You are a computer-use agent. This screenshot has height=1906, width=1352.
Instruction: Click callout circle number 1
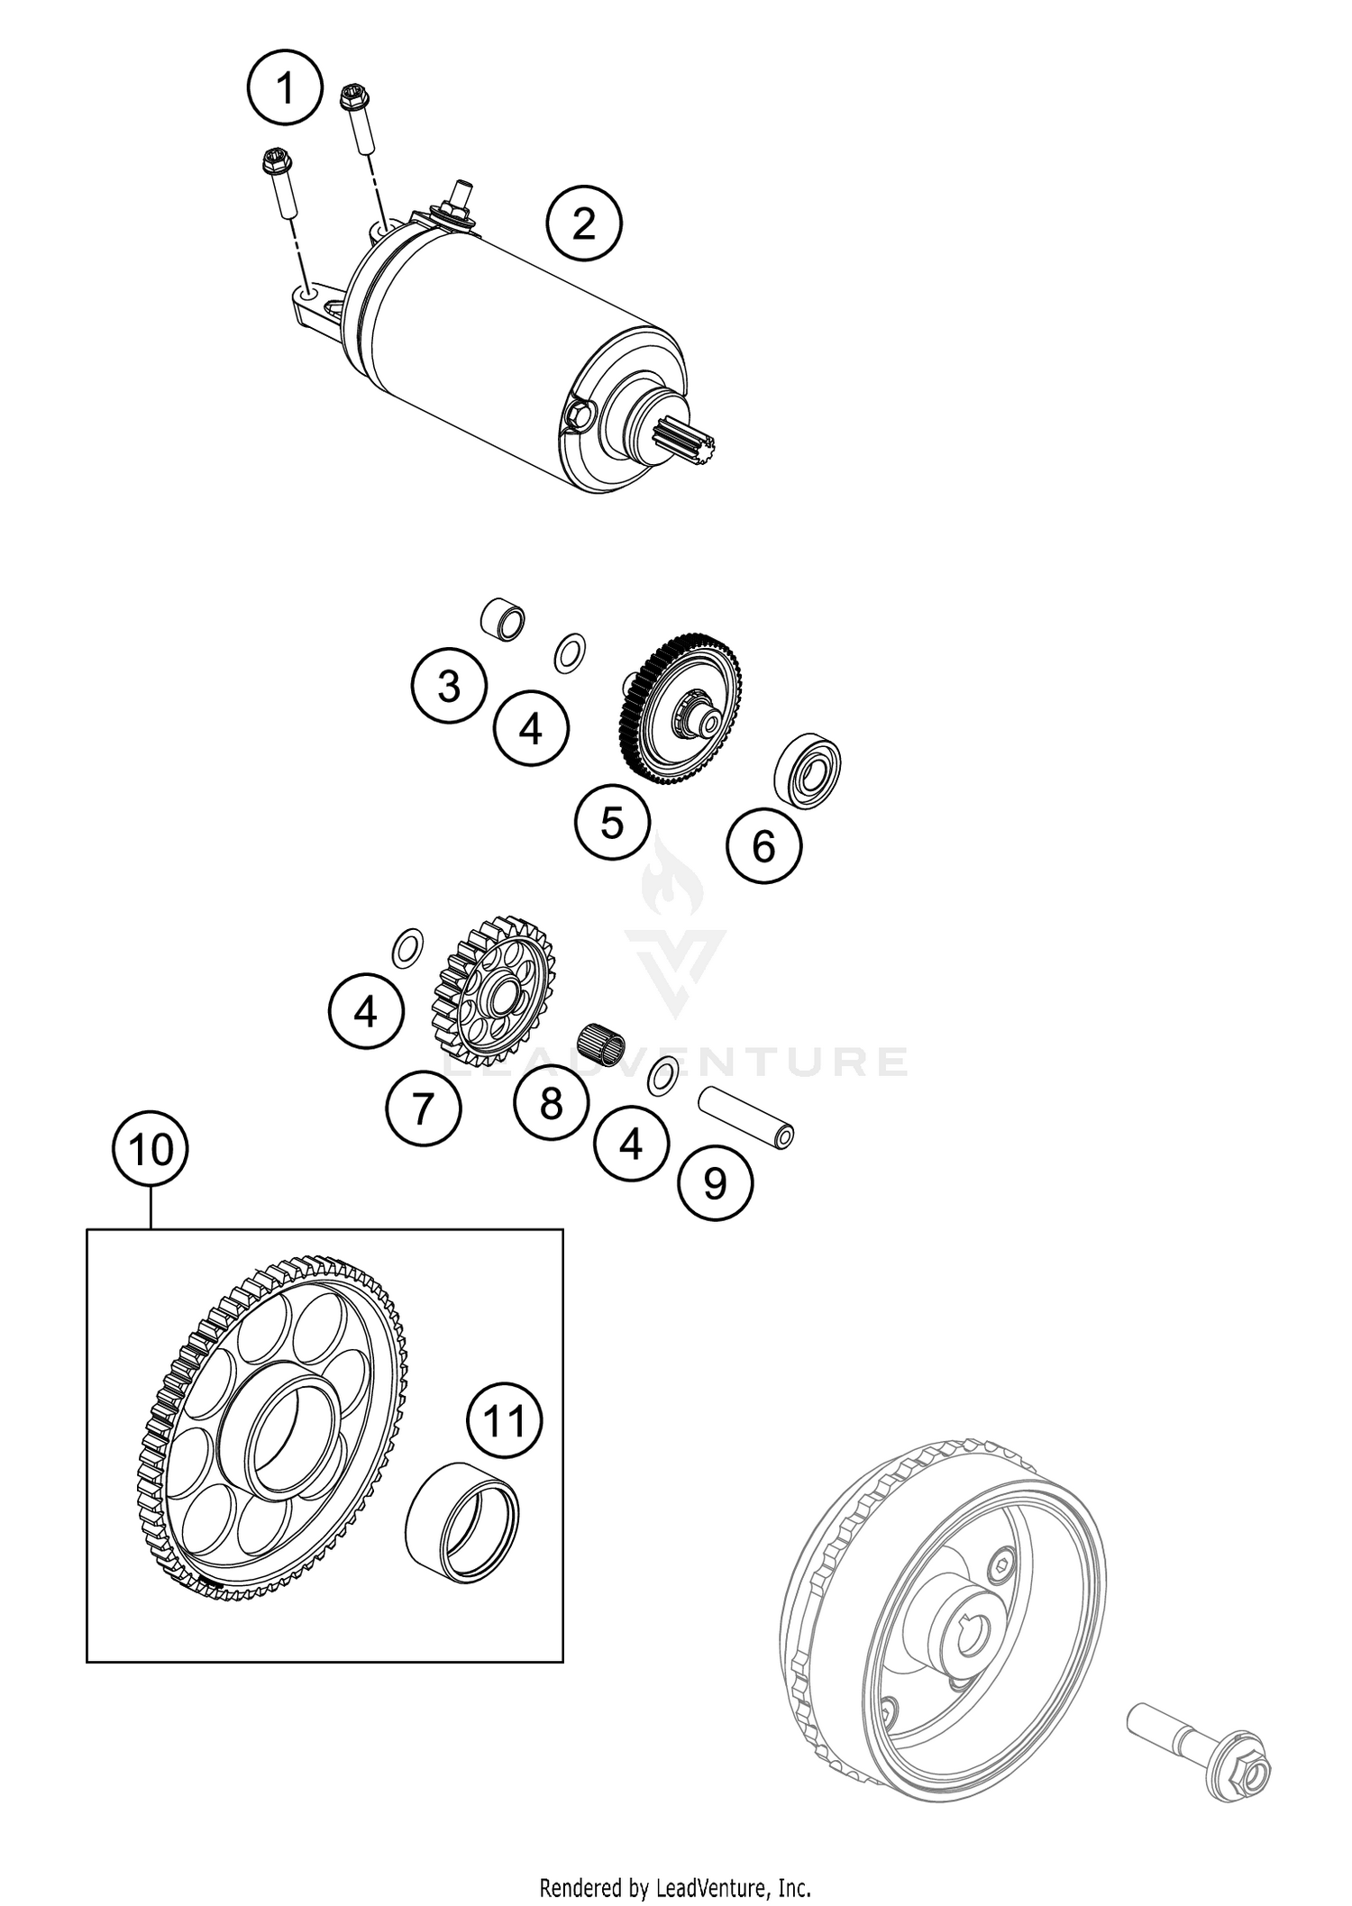click(x=285, y=89)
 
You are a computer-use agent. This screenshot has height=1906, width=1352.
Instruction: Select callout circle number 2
click(x=584, y=223)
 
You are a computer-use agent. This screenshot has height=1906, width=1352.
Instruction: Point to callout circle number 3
click(x=448, y=686)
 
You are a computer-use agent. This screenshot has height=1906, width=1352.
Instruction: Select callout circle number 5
click(x=613, y=822)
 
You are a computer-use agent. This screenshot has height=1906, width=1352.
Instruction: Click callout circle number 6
click(x=763, y=845)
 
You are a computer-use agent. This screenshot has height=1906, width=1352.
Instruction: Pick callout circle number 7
click(x=424, y=1108)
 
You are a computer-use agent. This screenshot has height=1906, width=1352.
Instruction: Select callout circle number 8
click(x=552, y=1102)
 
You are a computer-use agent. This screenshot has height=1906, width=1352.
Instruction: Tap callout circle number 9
click(x=715, y=1182)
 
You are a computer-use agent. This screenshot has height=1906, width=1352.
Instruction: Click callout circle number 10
click(x=151, y=1150)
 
